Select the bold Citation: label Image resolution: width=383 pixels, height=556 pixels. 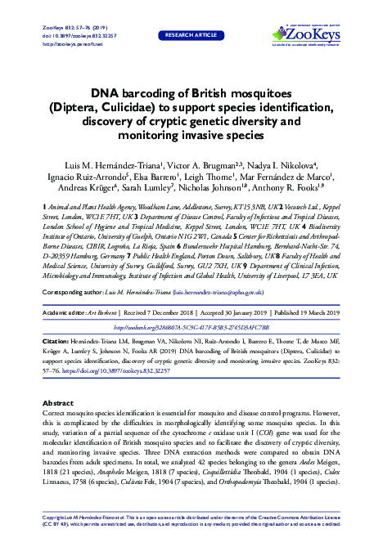click(59, 316)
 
